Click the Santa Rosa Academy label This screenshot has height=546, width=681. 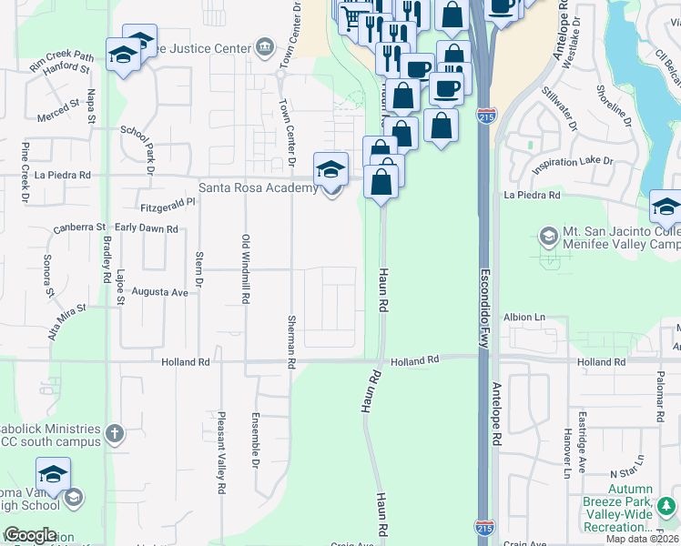coord(258,188)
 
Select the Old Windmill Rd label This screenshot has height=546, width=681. coord(245,268)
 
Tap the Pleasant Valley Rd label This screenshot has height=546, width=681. coord(221,451)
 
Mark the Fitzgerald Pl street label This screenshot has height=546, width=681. coord(168,206)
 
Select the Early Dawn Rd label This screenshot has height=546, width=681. coord(146,228)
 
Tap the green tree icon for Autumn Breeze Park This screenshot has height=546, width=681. coord(669,504)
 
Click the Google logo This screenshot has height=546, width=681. coord(29,535)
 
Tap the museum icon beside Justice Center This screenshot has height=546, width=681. coord(265,46)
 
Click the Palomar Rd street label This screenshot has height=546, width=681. coord(661,389)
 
